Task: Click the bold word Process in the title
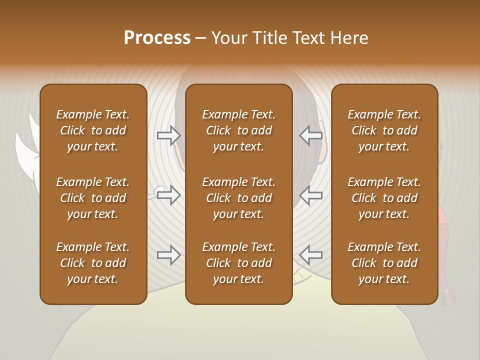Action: coord(157,38)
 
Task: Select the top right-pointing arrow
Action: coord(168,135)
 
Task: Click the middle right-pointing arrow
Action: coord(168,195)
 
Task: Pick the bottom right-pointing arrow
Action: coord(168,255)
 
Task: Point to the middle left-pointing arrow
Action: coord(311,195)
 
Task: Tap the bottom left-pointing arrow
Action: coord(311,255)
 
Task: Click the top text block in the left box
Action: coord(93,130)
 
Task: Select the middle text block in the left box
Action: coord(93,198)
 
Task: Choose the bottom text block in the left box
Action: coord(93,263)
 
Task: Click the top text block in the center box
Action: coord(238,130)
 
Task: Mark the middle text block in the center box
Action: coord(238,198)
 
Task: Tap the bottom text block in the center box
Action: coord(238,263)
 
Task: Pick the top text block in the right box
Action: coord(384,130)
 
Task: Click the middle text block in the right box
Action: coord(384,198)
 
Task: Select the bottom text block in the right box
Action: coord(384,263)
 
